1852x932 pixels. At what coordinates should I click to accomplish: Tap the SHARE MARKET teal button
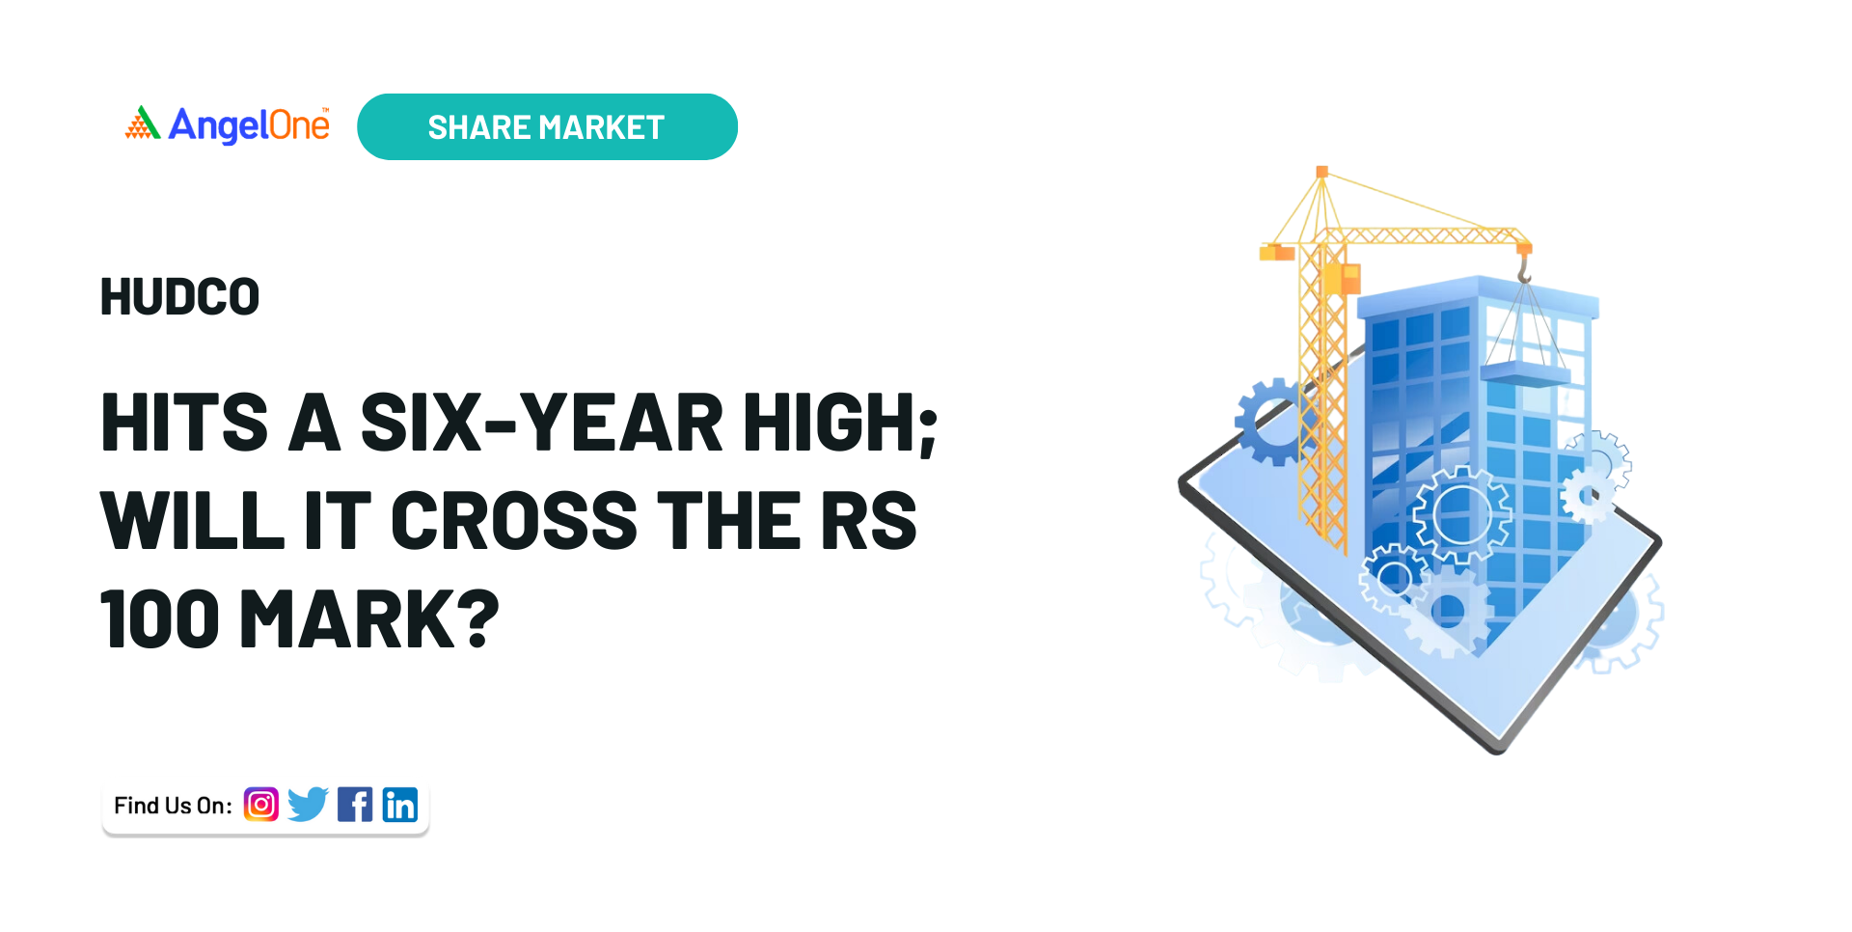(x=547, y=126)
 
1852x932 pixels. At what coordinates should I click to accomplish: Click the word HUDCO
(x=180, y=297)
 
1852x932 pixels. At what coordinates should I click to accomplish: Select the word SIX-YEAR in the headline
(x=541, y=423)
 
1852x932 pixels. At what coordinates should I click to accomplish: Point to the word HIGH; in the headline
(x=840, y=425)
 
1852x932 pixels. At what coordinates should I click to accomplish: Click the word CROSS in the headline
(x=514, y=521)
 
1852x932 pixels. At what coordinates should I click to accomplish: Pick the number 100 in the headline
(x=160, y=619)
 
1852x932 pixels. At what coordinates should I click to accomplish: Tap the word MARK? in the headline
(x=369, y=619)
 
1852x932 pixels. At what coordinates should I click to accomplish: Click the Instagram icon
(x=260, y=804)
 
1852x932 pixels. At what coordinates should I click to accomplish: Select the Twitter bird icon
(x=308, y=804)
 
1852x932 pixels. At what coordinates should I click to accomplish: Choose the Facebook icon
(x=355, y=804)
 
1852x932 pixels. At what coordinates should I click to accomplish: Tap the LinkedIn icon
(x=400, y=804)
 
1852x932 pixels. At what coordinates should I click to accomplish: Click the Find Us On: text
(x=173, y=806)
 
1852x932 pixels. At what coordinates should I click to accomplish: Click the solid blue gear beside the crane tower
(x=1273, y=422)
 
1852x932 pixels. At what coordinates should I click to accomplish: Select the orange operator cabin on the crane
(x=1342, y=279)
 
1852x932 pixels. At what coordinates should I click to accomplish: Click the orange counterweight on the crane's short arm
(x=1276, y=252)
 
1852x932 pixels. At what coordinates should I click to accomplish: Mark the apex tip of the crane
(x=1321, y=172)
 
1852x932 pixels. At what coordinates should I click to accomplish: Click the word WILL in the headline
(x=192, y=521)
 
